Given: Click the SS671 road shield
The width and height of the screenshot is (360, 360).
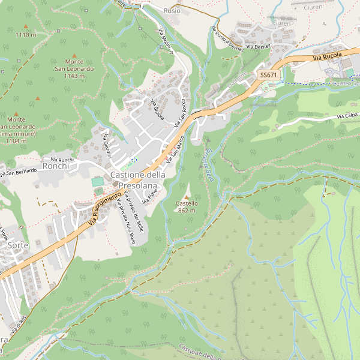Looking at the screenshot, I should pyautogui.click(x=268, y=74).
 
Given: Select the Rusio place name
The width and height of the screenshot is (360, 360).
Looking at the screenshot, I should pyautogui.click(x=172, y=11).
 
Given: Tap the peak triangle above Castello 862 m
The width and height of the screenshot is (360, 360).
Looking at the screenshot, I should pyautogui.click(x=187, y=197).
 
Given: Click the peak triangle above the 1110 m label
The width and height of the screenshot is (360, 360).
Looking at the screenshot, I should pyautogui.click(x=26, y=26).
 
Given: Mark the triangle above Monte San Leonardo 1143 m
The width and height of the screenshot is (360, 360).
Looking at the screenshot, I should pyautogui.click(x=74, y=55).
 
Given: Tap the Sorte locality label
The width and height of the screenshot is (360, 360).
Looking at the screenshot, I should pyautogui.click(x=18, y=245).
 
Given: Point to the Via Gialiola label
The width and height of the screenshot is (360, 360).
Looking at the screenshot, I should pyautogui.click(x=157, y=109).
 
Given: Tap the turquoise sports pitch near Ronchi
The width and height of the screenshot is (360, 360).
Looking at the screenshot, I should pyautogui.click(x=97, y=181).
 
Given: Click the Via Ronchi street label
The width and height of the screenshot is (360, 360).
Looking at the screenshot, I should pyautogui.click(x=62, y=159).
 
